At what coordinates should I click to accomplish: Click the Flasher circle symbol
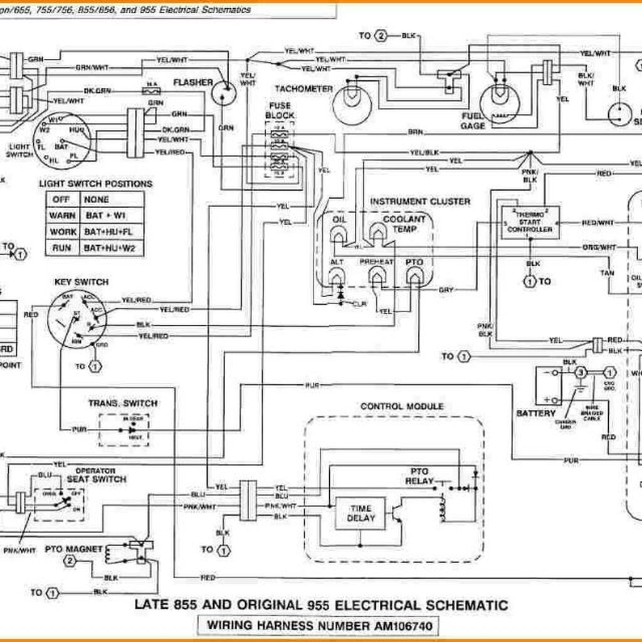click(x=222, y=95)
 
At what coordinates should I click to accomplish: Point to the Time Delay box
click(x=360, y=513)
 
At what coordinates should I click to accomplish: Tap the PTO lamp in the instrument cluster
click(x=414, y=276)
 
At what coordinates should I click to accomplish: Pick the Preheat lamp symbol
click(x=376, y=276)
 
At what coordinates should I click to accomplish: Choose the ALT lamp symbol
click(x=337, y=276)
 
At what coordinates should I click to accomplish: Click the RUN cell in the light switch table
click(x=61, y=248)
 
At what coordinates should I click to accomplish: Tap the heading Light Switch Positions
click(x=95, y=184)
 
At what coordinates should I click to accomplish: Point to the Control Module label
click(x=402, y=406)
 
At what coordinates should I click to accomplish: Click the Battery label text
click(x=536, y=413)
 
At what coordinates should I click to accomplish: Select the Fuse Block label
click(x=279, y=111)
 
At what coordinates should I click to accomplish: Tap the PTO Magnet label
click(x=74, y=550)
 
